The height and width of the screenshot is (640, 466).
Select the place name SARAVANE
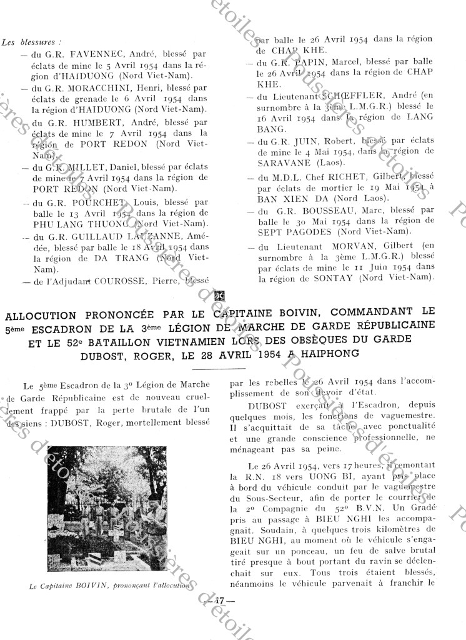click(280, 162)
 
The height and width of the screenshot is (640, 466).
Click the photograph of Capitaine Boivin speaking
click(107, 508)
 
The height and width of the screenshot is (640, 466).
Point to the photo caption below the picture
click(109, 586)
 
